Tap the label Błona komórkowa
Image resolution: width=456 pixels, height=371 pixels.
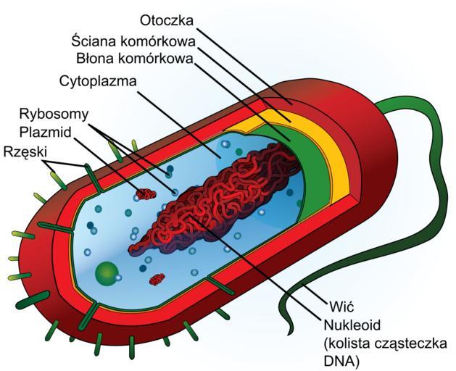point(135,57)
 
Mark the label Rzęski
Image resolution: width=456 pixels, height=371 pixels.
point(25,151)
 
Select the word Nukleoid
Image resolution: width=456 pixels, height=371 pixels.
point(351,323)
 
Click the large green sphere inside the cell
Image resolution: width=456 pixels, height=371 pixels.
point(107,273)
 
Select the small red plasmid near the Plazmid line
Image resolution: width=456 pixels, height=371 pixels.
point(146,194)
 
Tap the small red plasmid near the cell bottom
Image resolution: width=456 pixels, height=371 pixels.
point(157,279)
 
